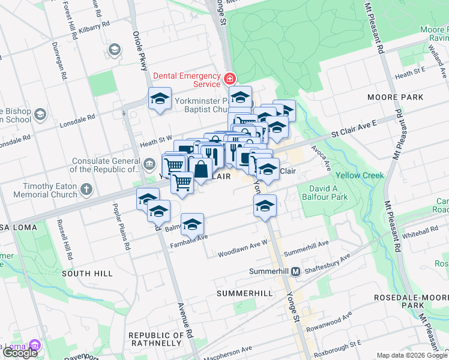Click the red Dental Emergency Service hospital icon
click(229, 79)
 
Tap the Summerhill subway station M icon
click(295, 272)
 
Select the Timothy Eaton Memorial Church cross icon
click(86, 190)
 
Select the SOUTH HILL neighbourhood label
click(87, 273)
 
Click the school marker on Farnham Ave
click(192, 224)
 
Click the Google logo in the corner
click(20, 352)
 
